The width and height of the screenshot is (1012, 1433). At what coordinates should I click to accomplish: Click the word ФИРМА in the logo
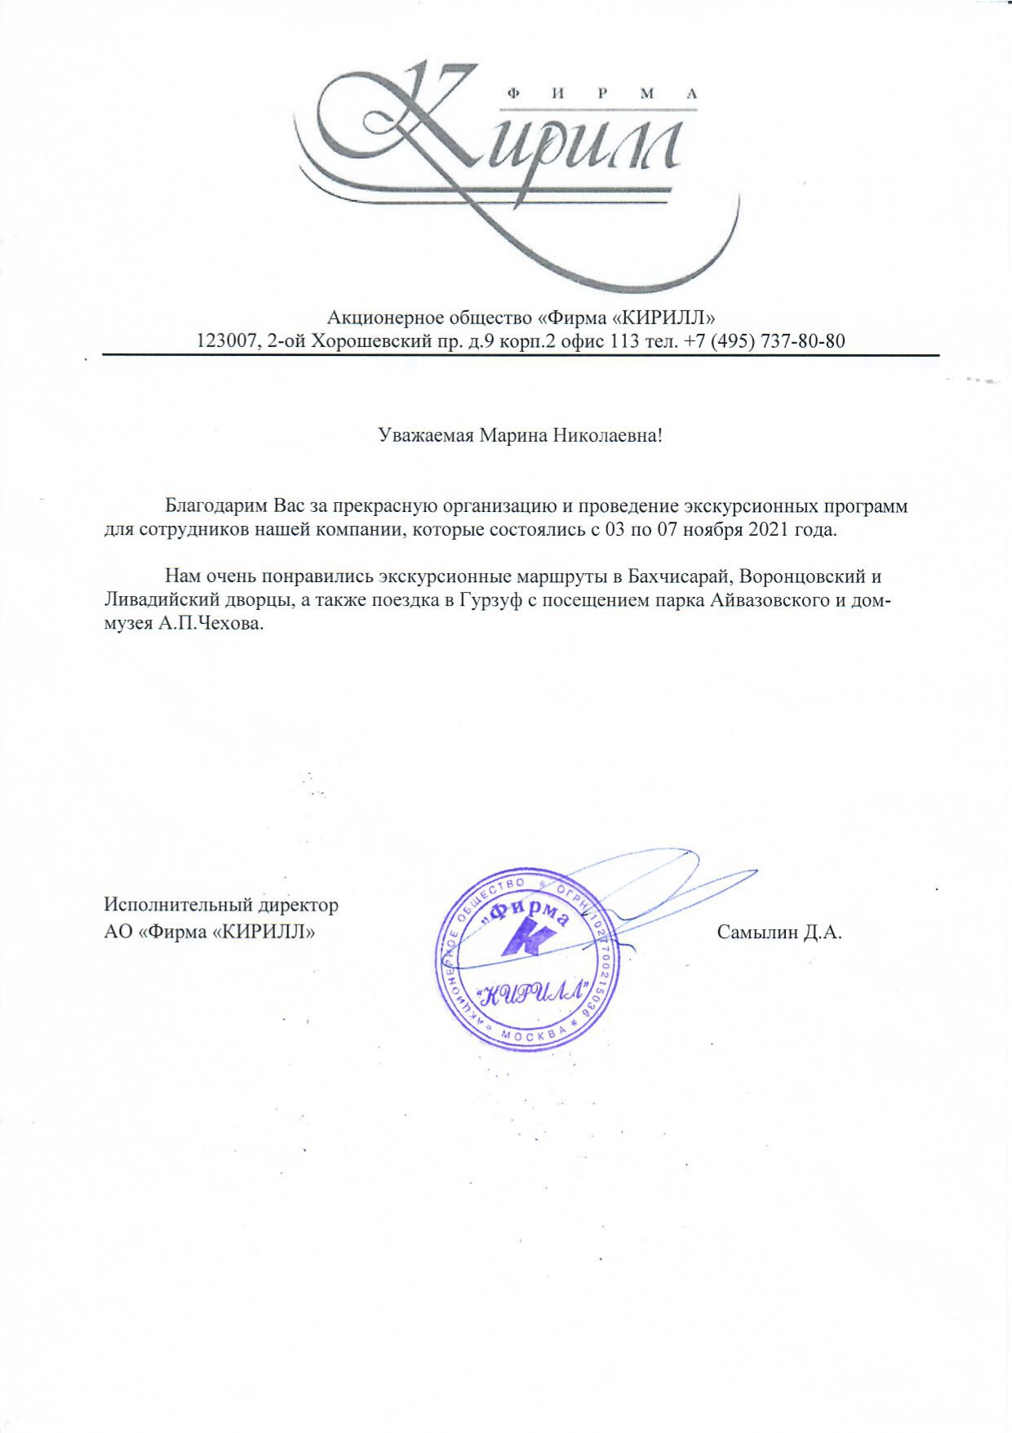click(x=603, y=94)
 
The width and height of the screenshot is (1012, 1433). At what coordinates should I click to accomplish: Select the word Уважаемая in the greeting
click(x=426, y=435)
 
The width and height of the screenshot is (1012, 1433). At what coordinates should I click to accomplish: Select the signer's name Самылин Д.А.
click(x=779, y=932)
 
